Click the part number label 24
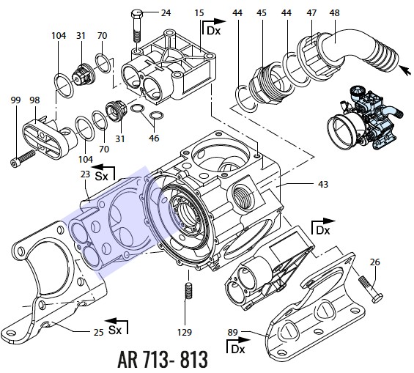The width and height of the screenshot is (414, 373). (x=166, y=12)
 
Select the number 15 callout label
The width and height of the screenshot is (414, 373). (x=199, y=12)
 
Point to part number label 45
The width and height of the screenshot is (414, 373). (x=262, y=12)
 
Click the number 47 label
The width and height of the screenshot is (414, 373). (x=311, y=12)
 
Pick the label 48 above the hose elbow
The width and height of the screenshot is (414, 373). (x=335, y=12)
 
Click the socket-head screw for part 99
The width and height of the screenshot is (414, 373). (x=23, y=158)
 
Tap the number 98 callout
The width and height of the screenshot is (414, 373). (x=34, y=100)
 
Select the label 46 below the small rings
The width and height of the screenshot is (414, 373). (x=154, y=138)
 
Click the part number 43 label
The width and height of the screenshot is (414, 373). (x=323, y=184)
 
